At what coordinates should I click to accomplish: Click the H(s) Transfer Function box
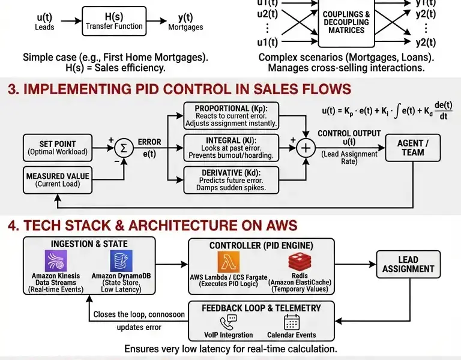(x=114, y=22)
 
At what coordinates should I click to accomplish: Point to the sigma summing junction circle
(x=124, y=147)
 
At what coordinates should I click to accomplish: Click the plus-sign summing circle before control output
(x=307, y=148)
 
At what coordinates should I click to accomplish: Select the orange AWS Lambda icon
(x=228, y=262)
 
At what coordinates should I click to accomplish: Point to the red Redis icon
(x=300, y=262)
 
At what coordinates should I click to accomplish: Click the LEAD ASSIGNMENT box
(x=408, y=264)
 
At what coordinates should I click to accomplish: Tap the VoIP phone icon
(x=229, y=322)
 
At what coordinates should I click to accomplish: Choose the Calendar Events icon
(x=292, y=322)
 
